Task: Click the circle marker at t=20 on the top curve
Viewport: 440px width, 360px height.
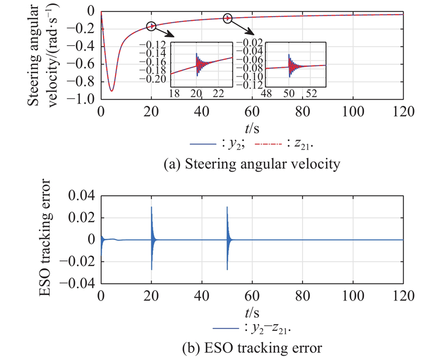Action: pos(152,26)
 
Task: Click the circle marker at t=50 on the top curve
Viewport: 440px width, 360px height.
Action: pos(228,18)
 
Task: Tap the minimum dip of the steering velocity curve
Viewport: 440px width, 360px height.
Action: pos(112,90)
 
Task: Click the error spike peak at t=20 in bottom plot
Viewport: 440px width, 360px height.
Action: pos(152,208)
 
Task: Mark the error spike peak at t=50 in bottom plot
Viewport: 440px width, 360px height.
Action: pos(228,208)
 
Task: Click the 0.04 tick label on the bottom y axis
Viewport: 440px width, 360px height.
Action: pos(84,195)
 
